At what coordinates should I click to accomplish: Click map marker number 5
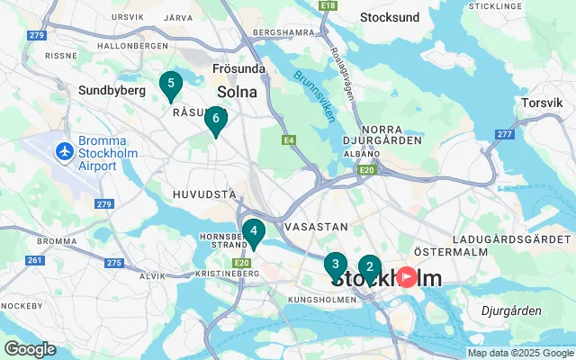[x=170, y=85]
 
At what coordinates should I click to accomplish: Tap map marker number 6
[x=215, y=119]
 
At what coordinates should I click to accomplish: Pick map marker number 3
[x=335, y=265]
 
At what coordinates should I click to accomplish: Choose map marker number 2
[x=369, y=267]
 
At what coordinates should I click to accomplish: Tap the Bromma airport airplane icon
[x=64, y=152]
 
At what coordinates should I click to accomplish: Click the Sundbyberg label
[x=112, y=91]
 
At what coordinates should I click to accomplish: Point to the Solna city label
[x=237, y=92]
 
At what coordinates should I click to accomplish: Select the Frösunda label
[x=238, y=68]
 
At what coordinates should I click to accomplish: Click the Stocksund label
[x=389, y=17]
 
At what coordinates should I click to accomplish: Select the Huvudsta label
[x=203, y=193]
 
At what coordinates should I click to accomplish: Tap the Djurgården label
[x=511, y=310]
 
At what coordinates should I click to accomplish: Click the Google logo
[x=30, y=349]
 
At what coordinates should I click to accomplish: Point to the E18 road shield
[x=328, y=5]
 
